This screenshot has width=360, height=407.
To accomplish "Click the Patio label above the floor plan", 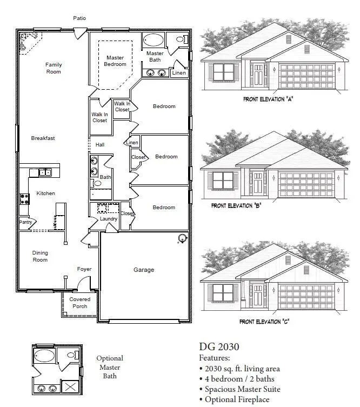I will (79, 18).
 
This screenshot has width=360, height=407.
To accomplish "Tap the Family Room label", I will (54, 68).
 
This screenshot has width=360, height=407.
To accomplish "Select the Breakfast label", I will (43, 138).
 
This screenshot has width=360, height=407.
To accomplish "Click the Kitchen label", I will (45, 194).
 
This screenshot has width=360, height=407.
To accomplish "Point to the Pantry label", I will (25, 222).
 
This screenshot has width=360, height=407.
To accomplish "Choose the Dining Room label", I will (40, 256).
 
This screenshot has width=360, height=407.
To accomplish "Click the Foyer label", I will (84, 269).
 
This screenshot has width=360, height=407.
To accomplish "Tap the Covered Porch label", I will (79, 303).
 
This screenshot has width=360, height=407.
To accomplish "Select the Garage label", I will (144, 270).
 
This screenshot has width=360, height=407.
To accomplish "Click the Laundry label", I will (109, 219).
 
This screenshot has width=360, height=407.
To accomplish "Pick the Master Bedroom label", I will (115, 61).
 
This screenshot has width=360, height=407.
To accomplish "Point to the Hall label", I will (100, 145).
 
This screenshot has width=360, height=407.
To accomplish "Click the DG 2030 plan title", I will (219, 347).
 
